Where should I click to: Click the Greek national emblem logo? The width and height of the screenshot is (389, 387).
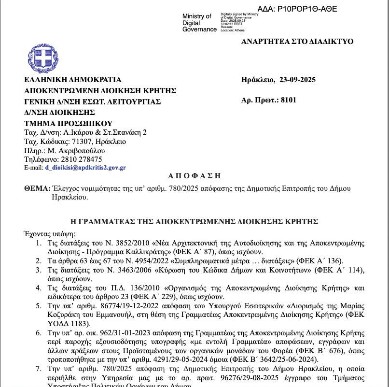click(x=43, y=58)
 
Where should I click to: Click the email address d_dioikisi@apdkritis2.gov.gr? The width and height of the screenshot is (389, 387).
click(x=85, y=168)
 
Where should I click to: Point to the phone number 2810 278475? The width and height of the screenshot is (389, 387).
click(x=81, y=159)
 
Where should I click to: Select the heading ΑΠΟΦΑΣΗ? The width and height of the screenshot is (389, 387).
click(x=194, y=176)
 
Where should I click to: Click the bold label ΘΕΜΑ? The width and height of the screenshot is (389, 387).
click(x=37, y=188)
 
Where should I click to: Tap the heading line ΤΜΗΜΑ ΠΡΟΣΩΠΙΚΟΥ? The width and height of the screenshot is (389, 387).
click(x=68, y=123)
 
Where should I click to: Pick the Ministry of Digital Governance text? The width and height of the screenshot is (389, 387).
click(x=199, y=23)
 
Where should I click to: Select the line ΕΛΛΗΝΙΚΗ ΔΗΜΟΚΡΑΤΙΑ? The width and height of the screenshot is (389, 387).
click(x=73, y=80)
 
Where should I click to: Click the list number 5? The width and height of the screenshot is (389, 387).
click(x=39, y=306)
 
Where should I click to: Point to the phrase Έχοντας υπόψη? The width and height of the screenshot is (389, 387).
click(x=46, y=233)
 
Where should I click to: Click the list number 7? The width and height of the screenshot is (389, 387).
click(x=39, y=369)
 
